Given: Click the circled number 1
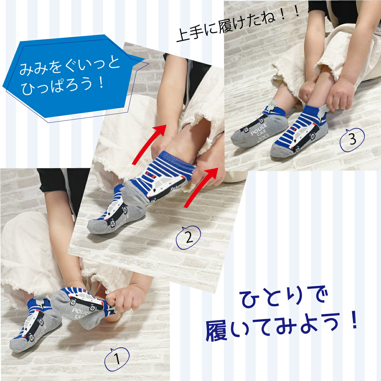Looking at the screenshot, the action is pos(117,359).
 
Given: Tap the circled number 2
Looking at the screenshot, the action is pos(188,237).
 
